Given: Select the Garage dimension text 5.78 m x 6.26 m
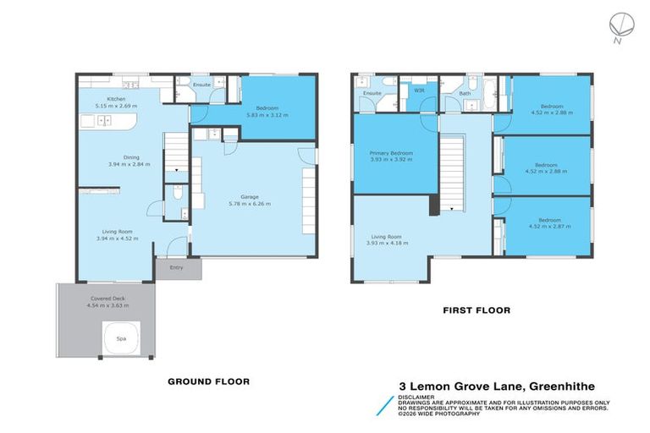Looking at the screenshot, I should tap(247, 203).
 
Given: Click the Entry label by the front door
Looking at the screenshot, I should tap(176, 268).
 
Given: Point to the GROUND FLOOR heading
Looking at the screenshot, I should tap(207, 381).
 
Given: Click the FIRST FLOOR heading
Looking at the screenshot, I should tap(476, 310).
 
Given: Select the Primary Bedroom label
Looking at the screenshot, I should tap(391, 153).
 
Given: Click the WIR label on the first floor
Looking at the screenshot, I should tap(419, 90).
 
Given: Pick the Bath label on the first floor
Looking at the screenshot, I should tap(465, 93).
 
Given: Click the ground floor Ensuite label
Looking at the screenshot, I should tap(201, 85).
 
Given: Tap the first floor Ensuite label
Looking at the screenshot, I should tap(372, 92).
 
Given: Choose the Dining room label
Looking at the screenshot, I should tap(131, 156).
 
